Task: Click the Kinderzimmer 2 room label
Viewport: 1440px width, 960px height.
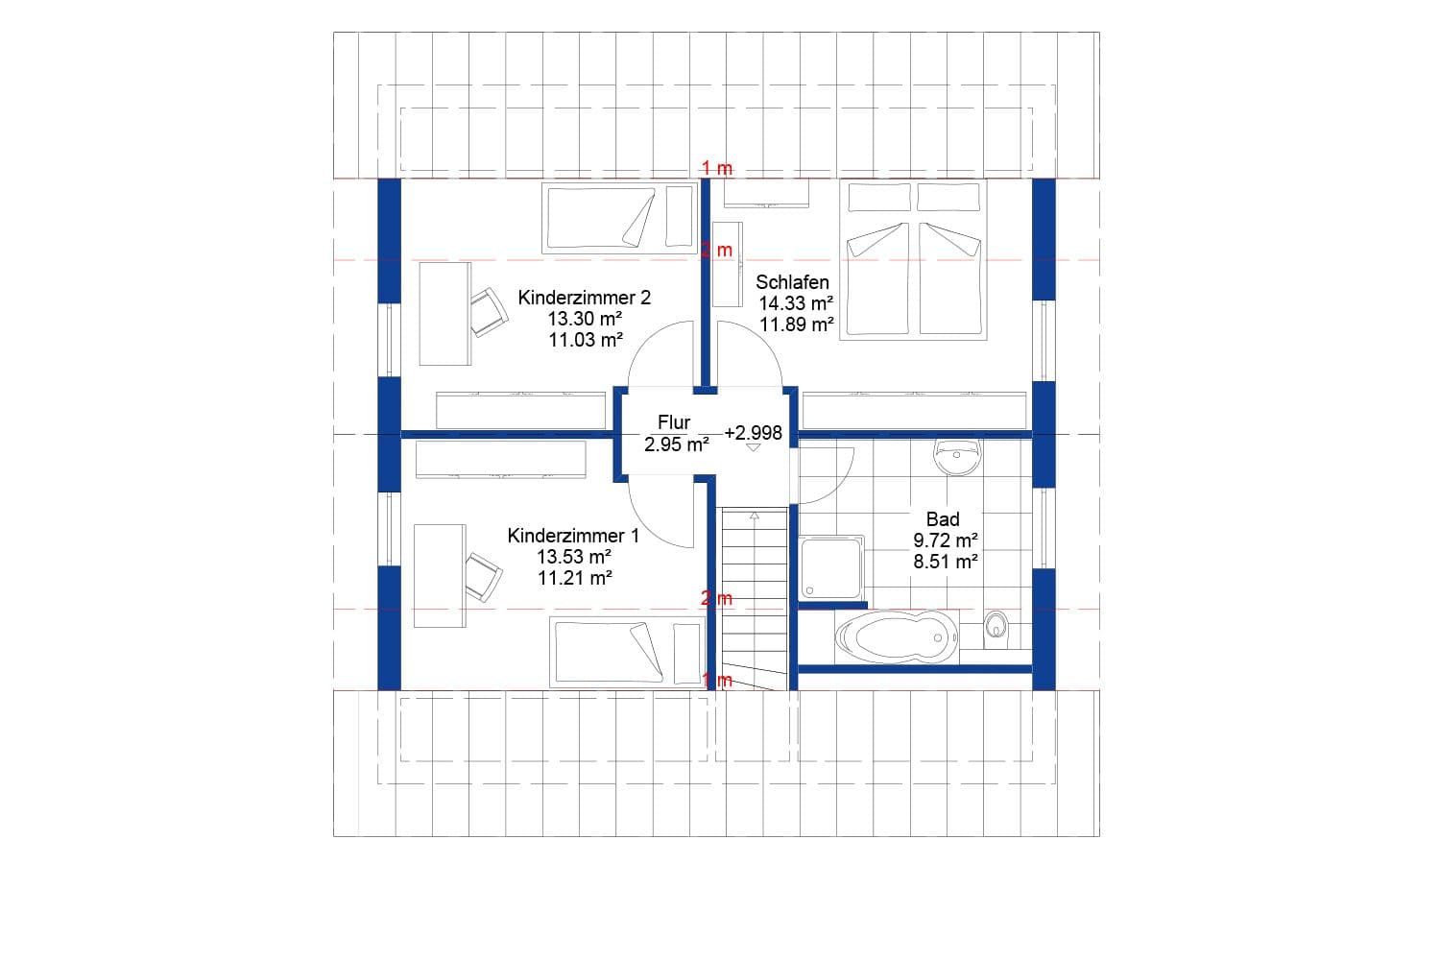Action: click(584, 298)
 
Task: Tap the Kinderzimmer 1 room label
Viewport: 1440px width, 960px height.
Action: click(573, 536)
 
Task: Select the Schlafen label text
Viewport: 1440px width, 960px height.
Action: click(792, 282)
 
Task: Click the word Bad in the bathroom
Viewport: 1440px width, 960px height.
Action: click(943, 519)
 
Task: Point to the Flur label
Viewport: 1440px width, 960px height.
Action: click(674, 422)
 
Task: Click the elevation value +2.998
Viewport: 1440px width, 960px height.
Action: click(754, 433)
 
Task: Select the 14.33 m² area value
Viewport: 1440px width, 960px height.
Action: click(796, 303)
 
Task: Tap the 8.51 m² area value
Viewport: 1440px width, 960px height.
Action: click(946, 562)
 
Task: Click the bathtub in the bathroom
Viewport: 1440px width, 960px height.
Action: click(896, 636)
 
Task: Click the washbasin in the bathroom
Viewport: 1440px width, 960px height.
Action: click(957, 458)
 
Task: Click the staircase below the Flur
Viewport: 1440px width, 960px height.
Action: click(755, 595)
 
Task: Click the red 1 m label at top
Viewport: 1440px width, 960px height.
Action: click(716, 168)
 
